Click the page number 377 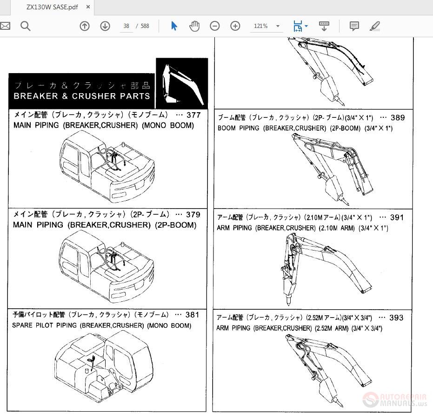click(193, 115)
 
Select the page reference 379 click(193, 215)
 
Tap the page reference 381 click(192, 315)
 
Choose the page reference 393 click(396, 318)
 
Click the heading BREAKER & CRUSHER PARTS click(82, 96)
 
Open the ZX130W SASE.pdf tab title click(52, 7)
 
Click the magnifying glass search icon click(26, 26)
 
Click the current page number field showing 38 click(126, 26)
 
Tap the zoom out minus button click(214, 26)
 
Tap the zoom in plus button click(235, 26)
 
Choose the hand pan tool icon click(194, 26)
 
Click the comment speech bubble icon click(354, 26)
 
